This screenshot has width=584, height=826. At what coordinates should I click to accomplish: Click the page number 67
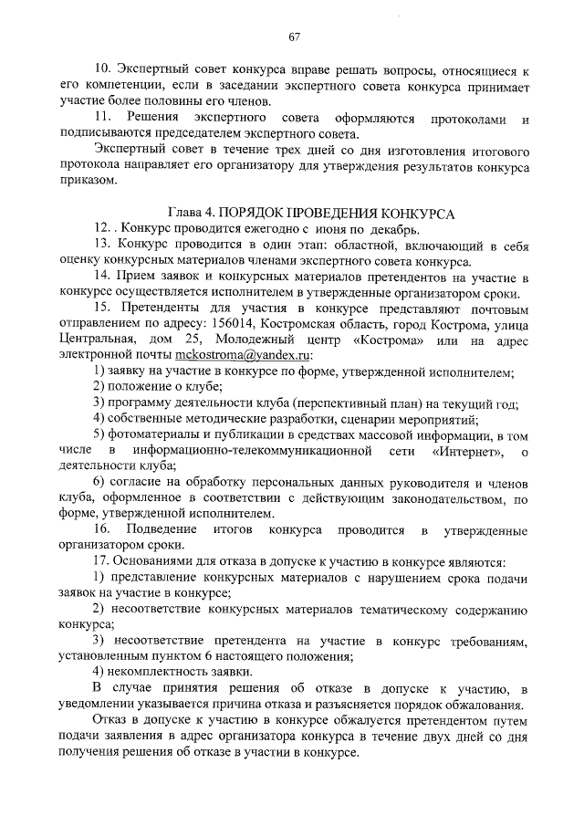click(x=294, y=37)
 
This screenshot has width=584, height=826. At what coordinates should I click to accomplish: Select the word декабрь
click(x=392, y=227)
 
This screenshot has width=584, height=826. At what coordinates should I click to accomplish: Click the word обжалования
click(x=482, y=705)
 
